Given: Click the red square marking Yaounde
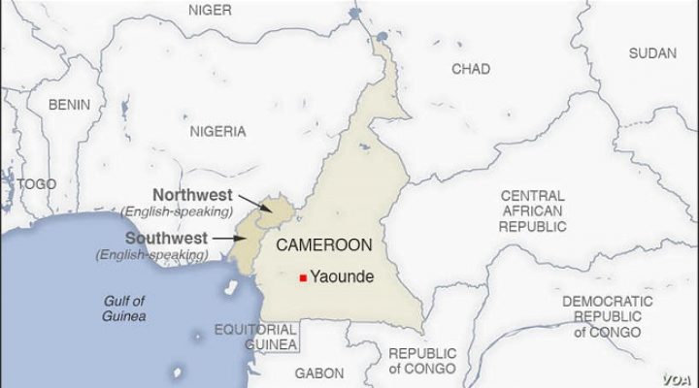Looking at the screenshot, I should [x=303, y=277].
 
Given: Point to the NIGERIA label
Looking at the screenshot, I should [x=218, y=131].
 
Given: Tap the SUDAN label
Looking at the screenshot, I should [x=652, y=53].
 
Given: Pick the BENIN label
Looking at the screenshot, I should [x=71, y=104].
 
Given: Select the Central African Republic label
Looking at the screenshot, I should [x=533, y=210].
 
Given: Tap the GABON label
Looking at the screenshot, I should [x=319, y=372].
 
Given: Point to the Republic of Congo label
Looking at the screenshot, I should [x=421, y=361].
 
